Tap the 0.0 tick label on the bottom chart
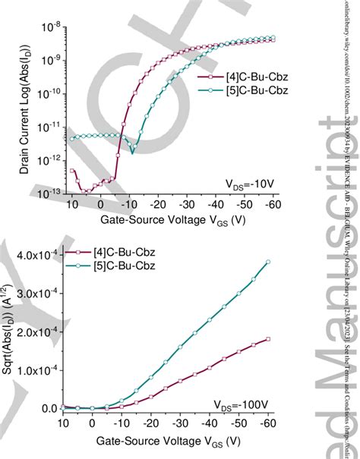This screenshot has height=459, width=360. pos(48,409)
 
